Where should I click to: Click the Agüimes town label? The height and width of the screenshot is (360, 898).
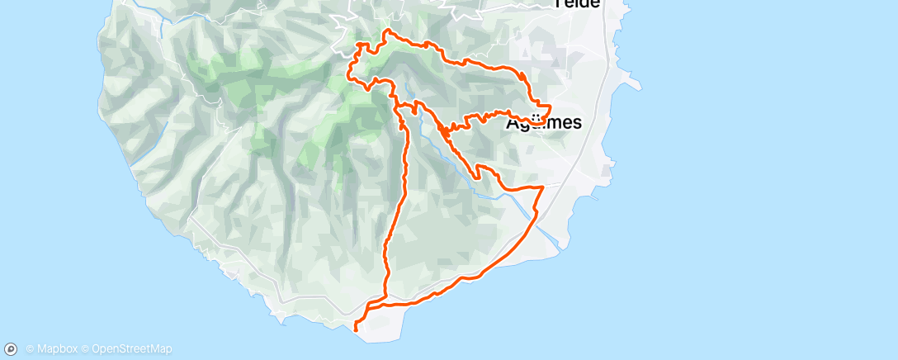[x=543, y=123]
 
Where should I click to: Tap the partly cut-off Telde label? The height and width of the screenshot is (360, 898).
[x=577, y=3]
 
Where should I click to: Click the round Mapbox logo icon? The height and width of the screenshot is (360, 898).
[x=12, y=349]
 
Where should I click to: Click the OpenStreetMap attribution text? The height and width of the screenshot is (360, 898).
[x=132, y=349]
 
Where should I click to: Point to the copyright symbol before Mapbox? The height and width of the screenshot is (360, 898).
[x=31, y=349]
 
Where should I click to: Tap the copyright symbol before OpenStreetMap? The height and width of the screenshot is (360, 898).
[x=87, y=349]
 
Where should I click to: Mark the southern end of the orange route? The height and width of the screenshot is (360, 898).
[x=355, y=330]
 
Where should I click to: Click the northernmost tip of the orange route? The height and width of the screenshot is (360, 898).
[x=386, y=31]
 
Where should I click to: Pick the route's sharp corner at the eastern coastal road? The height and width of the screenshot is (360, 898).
[x=542, y=187]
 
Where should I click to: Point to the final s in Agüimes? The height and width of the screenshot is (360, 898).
[x=576, y=124]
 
